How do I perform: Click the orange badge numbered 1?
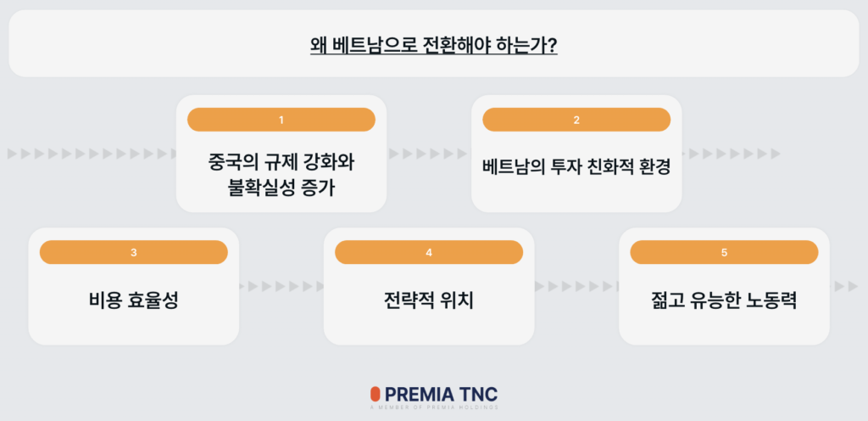click(x=281, y=120)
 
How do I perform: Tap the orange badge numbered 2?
click(x=576, y=120)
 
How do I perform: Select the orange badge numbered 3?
click(x=133, y=252)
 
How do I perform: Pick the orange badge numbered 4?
click(x=429, y=252)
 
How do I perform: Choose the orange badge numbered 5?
click(x=724, y=252)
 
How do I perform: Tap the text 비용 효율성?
click(x=133, y=300)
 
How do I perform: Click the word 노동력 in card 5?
click(x=773, y=300)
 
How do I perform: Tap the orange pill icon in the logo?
click(x=375, y=395)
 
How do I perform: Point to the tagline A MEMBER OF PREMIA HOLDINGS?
click(x=433, y=408)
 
